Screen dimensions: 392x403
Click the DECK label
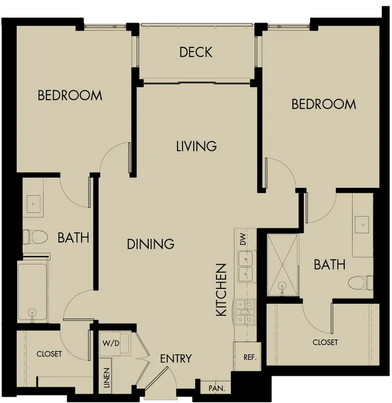(196, 52)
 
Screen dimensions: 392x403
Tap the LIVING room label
(196, 146)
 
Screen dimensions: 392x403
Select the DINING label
(151, 244)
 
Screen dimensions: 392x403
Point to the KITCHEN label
(221, 290)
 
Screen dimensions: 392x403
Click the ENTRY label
(176, 359)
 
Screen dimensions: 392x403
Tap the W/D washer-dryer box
(115, 344)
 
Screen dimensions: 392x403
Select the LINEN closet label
(107, 378)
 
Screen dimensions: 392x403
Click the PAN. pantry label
(217, 388)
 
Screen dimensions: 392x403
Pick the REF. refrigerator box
(247, 356)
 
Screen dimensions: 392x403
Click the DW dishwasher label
(243, 239)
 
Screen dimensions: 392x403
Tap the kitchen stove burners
(245, 312)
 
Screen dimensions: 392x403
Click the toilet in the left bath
(35, 237)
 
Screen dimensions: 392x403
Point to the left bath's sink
(33, 204)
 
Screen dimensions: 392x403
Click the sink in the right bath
(362, 224)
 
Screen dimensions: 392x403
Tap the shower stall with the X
(283, 265)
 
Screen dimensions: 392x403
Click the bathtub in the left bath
(32, 292)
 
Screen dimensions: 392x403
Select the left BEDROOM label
(70, 95)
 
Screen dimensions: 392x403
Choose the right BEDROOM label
(324, 104)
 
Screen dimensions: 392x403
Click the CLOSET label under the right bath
(325, 342)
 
